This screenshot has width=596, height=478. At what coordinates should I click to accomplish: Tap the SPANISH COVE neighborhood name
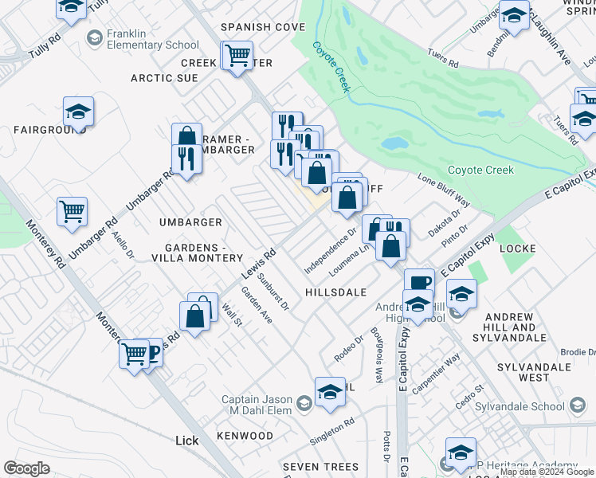[263, 27]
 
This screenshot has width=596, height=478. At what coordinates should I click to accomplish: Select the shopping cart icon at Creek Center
[237, 56]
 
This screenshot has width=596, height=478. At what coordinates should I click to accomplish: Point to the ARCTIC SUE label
[165, 78]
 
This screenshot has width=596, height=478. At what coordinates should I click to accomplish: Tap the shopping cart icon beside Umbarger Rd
[72, 212]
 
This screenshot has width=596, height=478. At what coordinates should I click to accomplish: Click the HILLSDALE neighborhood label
[335, 292]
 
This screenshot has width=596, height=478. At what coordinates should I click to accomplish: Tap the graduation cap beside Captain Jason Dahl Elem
[330, 392]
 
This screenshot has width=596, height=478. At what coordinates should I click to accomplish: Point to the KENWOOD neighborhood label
[245, 436]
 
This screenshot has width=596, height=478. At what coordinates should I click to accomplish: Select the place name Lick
[186, 440]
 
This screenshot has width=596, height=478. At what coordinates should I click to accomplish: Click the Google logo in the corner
[27, 468]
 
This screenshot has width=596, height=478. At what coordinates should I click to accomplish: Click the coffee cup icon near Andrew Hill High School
[419, 282]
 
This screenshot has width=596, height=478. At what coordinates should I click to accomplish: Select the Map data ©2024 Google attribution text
[547, 472]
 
